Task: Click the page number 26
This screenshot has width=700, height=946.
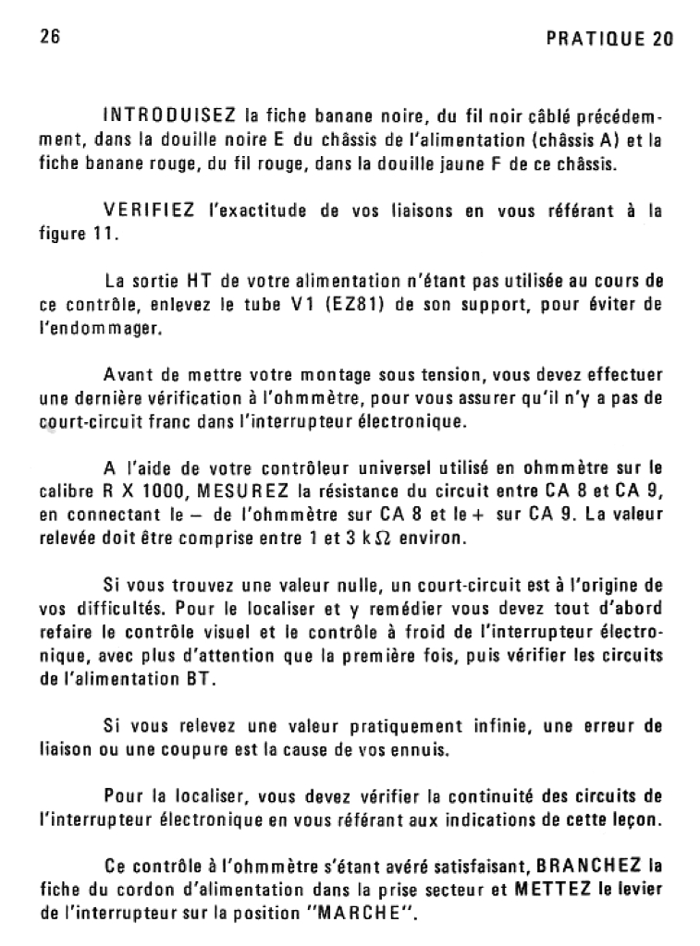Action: click(50, 38)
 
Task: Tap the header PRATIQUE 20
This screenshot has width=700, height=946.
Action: click(609, 39)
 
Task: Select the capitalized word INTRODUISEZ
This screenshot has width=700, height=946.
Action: click(169, 117)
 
